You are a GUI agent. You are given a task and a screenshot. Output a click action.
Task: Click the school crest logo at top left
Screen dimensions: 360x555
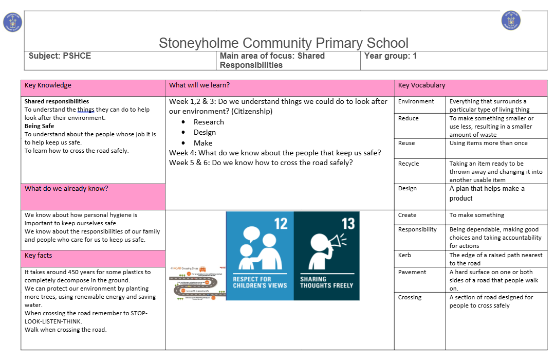click(12, 22)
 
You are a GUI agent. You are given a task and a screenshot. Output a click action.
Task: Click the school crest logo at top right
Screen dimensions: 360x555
click(511, 21)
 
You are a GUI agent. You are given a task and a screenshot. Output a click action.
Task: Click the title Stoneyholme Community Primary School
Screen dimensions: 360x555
click(283, 43)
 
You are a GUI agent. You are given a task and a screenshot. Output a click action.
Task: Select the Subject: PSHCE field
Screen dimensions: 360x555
click(60, 56)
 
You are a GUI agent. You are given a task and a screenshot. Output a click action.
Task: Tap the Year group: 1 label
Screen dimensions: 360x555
click(390, 56)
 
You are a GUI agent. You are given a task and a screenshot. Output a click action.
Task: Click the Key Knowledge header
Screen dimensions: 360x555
click(48, 85)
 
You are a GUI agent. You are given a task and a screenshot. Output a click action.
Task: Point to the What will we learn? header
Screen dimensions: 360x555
click(199, 85)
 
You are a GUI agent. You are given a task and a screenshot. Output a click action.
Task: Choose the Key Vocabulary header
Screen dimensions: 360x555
click(421, 85)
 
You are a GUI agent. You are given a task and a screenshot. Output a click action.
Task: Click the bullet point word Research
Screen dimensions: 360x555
click(209, 122)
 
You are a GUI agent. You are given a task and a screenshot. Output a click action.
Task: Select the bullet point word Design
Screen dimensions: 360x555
click(205, 133)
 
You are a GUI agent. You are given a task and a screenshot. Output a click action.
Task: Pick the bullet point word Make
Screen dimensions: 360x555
click(203, 143)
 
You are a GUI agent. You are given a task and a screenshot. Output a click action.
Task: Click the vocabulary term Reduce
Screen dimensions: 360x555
click(409, 118)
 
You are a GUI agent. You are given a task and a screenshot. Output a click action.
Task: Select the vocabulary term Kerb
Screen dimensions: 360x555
click(404, 255)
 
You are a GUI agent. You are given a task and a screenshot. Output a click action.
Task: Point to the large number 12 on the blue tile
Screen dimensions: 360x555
click(281, 224)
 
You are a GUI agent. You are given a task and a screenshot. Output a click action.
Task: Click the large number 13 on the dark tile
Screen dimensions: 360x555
click(348, 224)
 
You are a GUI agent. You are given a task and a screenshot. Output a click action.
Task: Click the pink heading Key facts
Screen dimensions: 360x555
click(38, 256)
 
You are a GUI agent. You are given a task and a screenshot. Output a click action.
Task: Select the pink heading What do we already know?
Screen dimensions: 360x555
click(66, 189)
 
